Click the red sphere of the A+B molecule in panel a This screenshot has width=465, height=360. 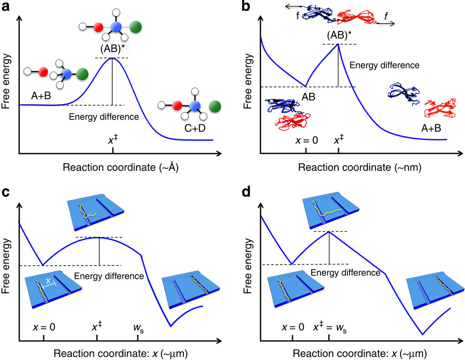click(x=43, y=72)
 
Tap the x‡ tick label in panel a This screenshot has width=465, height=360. click(x=113, y=139)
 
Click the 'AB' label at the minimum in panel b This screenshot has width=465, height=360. click(x=308, y=97)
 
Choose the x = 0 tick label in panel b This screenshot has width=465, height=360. click(x=305, y=140)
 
